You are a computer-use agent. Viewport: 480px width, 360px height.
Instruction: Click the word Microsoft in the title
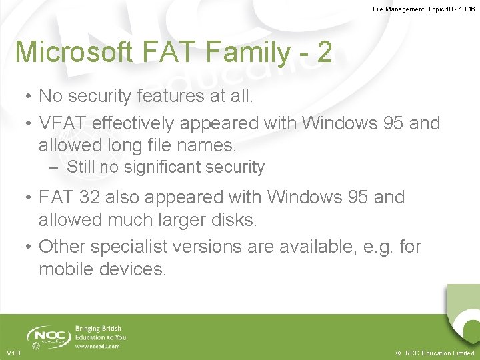[74, 52]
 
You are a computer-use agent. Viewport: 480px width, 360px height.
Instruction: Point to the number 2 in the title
[325, 52]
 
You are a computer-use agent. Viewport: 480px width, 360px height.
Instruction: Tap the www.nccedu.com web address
[97, 347]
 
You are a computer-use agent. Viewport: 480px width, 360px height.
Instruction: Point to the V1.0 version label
[13, 353]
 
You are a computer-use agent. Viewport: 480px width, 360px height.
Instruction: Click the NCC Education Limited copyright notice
[434, 353]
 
